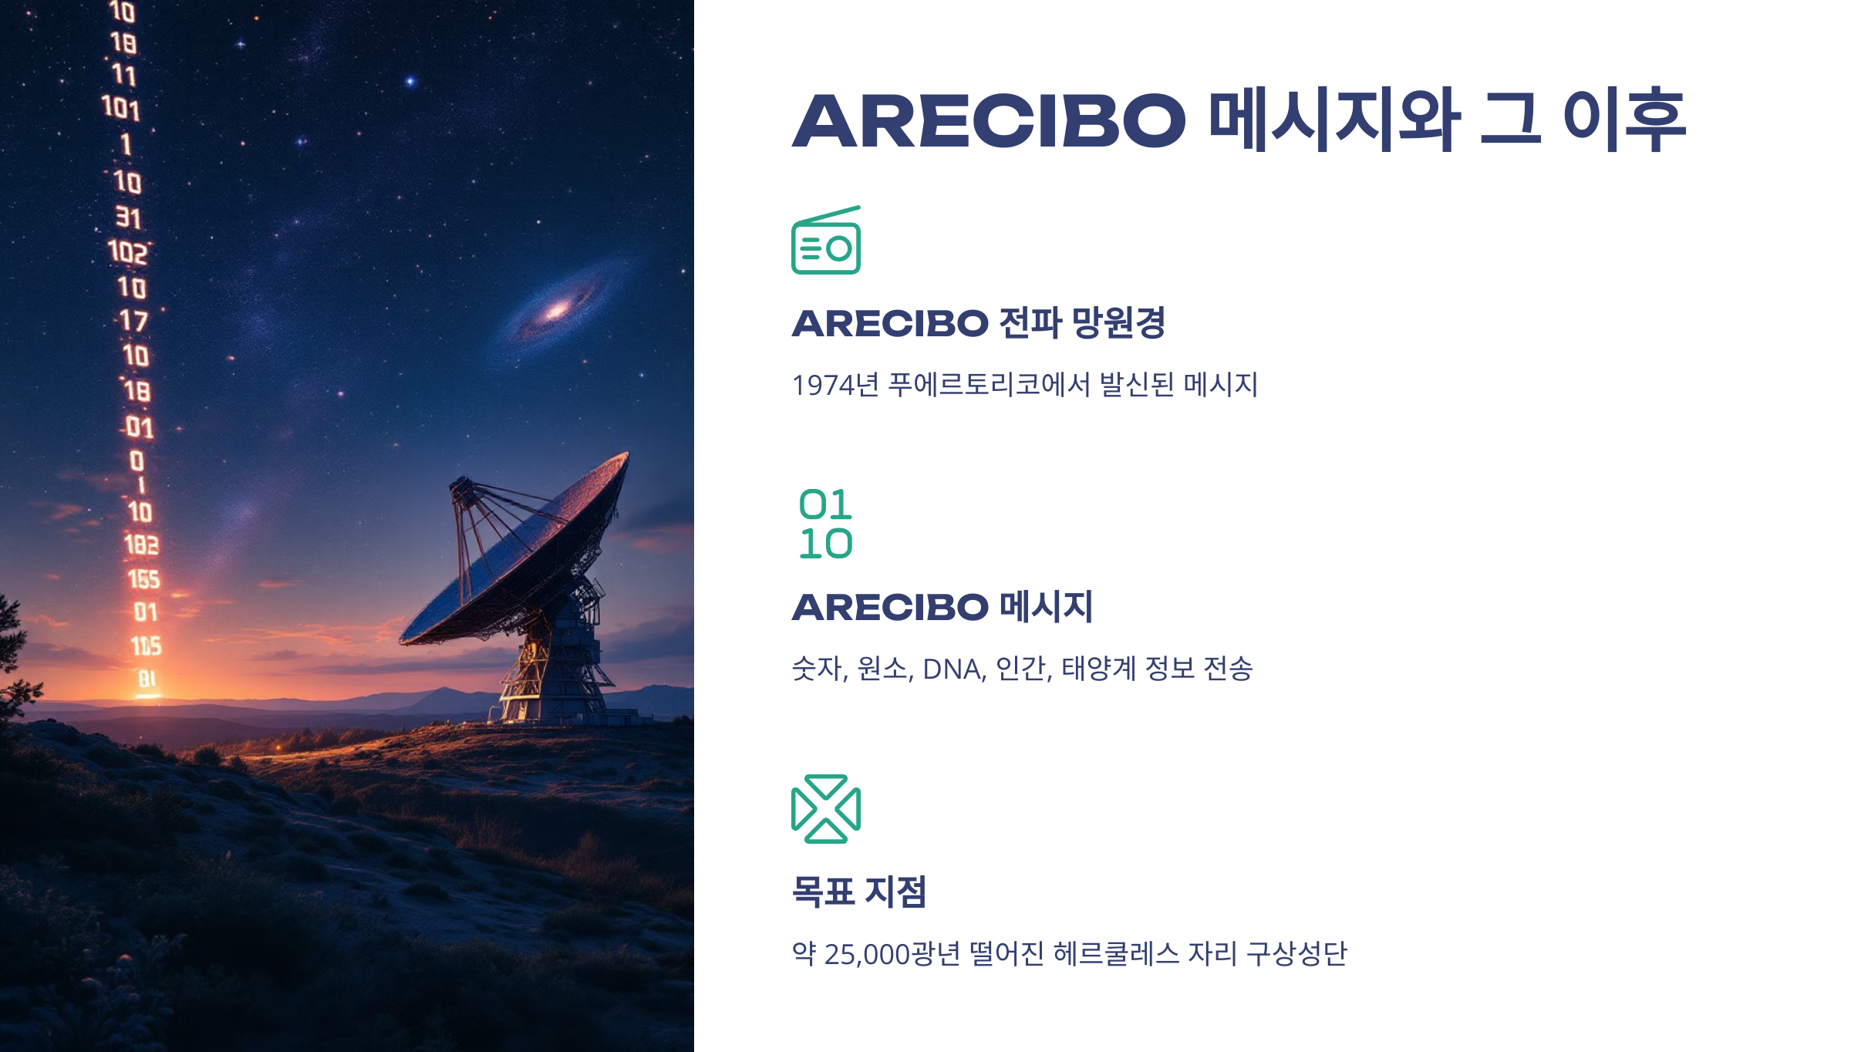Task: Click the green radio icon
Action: [825, 241]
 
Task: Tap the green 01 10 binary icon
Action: [825, 524]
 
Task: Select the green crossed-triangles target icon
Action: [825, 808]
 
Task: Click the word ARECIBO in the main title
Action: [989, 121]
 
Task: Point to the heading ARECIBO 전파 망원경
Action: [978, 322]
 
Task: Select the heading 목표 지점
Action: [858, 892]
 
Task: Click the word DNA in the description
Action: [954, 669]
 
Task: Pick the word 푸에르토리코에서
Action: [989, 384]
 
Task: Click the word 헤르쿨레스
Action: [1116, 954]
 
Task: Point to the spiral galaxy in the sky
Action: [555, 310]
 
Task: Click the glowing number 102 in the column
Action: [127, 252]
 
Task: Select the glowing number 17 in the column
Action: [133, 320]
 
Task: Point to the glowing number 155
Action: [143, 579]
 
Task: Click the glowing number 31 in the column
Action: [128, 217]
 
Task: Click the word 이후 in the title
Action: [1623, 121]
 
